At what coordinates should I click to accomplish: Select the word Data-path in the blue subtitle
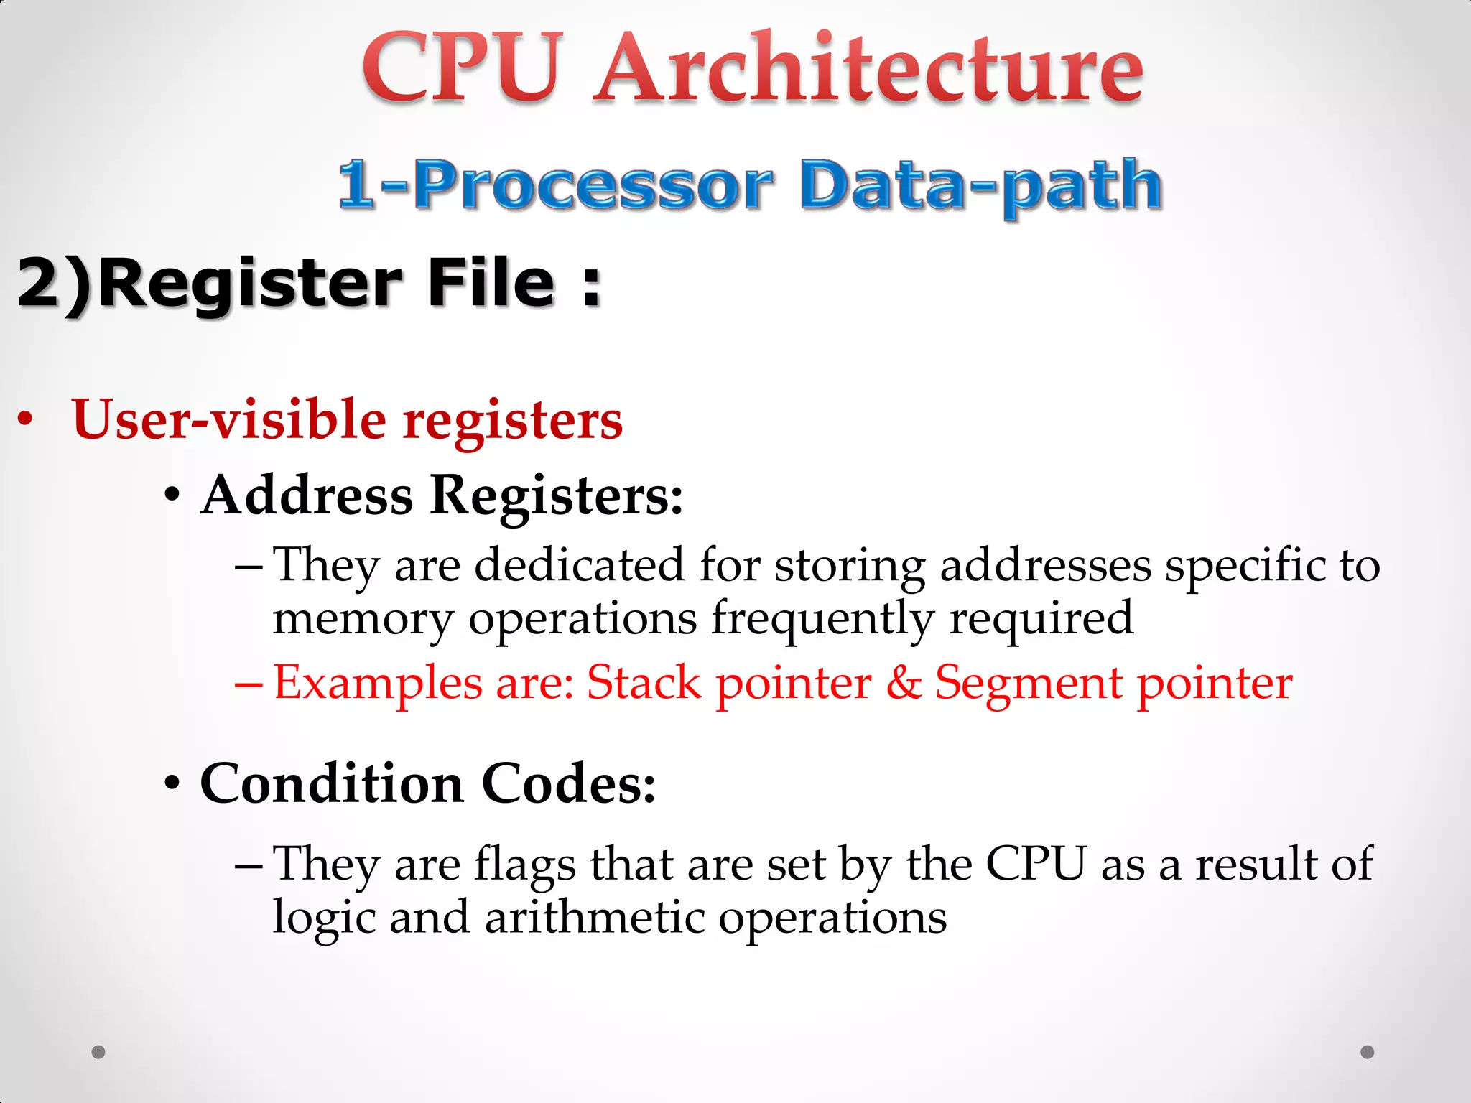[x=980, y=185]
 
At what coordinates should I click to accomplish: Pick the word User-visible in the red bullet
[x=229, y=419]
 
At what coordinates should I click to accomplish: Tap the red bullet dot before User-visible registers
[x=26, y=419]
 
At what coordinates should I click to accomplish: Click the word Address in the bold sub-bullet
[x=307, y=495]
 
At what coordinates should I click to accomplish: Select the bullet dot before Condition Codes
[x=172, y=783]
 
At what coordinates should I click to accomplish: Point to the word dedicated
[x=580, y=564]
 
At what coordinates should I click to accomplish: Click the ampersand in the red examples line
[x=904, y=681]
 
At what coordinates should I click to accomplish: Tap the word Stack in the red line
[x=644, y=681]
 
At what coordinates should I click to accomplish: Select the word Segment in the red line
[x=1028, y=681]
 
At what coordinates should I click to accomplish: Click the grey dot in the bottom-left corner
[x=98, y=1052]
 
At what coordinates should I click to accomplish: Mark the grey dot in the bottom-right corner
[x=1368, y=1052]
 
